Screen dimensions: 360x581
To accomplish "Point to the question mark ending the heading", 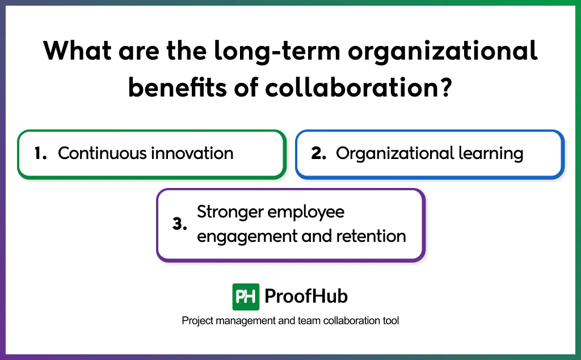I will point(444,89).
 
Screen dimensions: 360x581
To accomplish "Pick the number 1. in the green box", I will point(41,153).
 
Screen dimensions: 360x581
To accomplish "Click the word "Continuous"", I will point(103,153).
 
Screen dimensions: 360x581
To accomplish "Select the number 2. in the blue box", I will point(319,153).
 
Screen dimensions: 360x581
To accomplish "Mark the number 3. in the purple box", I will point(180,224).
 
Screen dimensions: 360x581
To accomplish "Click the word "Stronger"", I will point(230,212).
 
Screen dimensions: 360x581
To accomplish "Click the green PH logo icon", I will point(246,296).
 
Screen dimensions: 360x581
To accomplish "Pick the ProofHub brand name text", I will point(306,296).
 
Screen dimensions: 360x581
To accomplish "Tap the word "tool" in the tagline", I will point(390,321).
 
